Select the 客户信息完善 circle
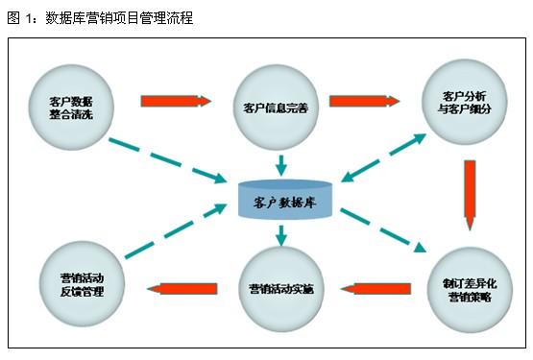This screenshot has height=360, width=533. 278,107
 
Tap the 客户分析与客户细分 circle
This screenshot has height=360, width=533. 465,101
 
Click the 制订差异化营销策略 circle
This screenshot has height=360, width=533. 468,289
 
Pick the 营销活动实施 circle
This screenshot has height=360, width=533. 280,289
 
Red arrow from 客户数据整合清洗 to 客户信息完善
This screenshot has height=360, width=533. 175,100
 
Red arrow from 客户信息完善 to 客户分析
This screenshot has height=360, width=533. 365,100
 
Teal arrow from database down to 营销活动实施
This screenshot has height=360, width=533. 281,235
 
